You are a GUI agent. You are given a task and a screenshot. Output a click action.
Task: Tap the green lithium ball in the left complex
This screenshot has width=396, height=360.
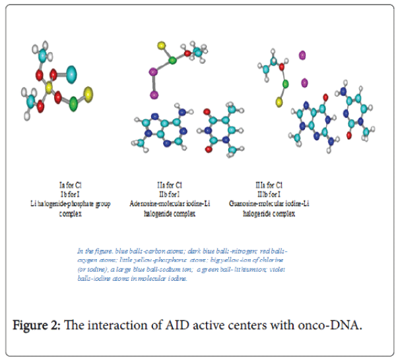coord(73,104)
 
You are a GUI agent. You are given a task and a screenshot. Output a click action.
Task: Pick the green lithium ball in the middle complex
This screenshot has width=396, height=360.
coord(173,61)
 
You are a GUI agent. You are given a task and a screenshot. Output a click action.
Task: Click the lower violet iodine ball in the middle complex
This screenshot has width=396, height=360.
coord(154,95)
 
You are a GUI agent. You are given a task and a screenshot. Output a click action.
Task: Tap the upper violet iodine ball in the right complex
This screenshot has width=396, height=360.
coord(303,55)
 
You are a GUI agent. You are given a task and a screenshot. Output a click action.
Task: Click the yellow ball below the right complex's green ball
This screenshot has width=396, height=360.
coord(279,103)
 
